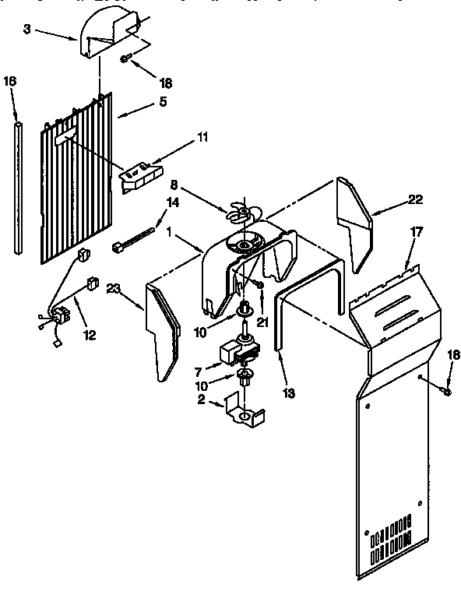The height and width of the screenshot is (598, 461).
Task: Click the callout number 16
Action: coord(9,80)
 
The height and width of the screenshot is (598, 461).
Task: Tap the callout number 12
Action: coord(90,335)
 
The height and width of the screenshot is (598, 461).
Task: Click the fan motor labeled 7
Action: coord(240,352)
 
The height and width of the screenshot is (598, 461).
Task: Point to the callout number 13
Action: coord(289,393)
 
